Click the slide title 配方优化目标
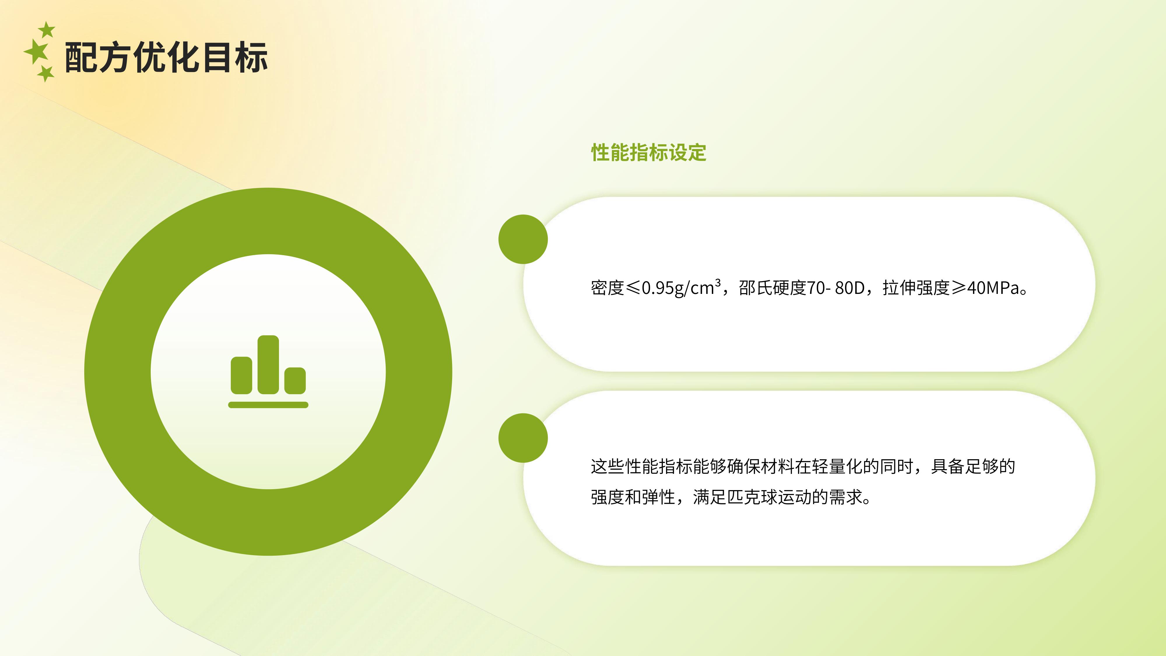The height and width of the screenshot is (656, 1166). [x=166, y=57]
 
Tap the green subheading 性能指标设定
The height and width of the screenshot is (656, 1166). [x=648, y=152]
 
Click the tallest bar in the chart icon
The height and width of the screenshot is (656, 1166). [x=268, y=364]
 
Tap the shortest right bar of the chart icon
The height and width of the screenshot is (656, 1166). [x=295, y=380]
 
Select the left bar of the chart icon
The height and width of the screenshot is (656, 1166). [x=241, y=375]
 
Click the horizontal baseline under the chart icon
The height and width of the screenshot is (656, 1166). [x=268, y=405]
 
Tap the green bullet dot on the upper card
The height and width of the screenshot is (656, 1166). [x=523, y=239]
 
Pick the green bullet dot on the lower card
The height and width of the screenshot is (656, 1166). [x=523, y=438]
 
